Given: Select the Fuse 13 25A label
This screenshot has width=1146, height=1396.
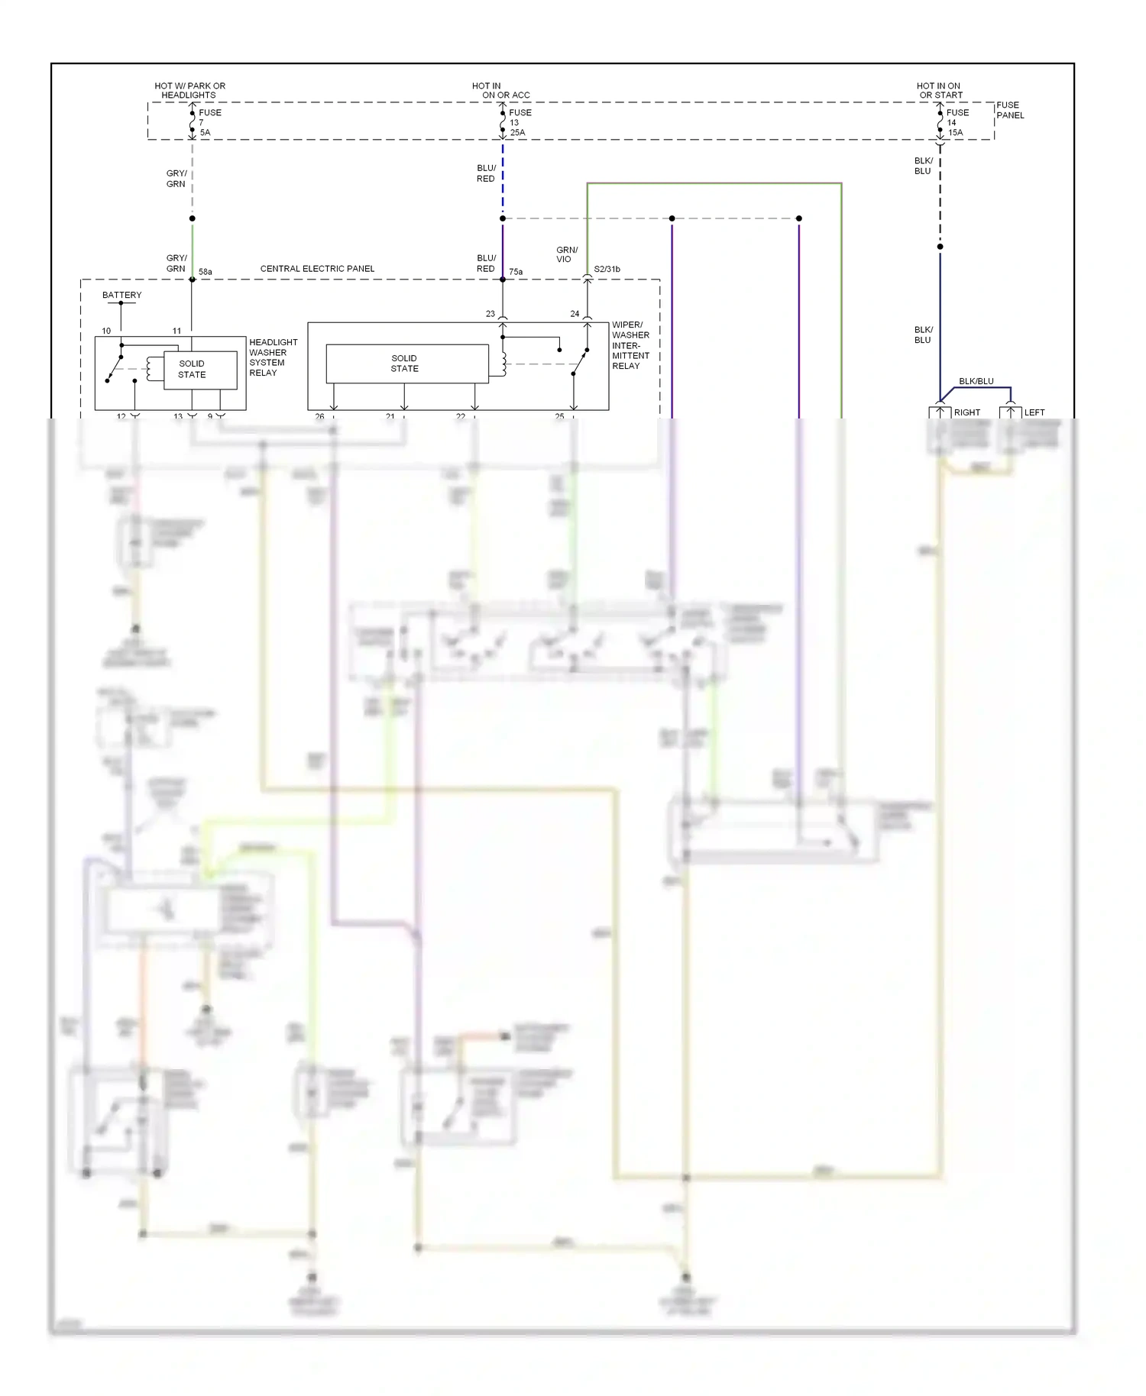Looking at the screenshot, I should point(520,122).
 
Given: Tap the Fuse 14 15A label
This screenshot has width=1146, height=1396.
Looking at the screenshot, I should point(957,122).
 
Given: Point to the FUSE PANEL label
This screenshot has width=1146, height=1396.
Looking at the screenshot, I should point(1009,110).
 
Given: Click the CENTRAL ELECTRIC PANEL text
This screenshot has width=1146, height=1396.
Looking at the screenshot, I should point(317,269).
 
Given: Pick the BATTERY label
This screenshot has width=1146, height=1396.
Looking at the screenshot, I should point(122,295).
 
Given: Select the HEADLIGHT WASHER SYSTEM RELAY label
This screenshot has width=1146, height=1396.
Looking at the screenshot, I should point(273,357).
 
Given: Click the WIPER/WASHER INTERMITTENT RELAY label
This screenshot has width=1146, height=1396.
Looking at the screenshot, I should point(630,345).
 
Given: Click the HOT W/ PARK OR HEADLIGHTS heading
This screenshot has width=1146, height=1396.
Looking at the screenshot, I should point(189,90).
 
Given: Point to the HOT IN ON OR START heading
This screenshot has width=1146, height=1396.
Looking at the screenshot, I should point(939,90).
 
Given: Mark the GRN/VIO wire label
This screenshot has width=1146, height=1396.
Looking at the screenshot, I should point(566,254).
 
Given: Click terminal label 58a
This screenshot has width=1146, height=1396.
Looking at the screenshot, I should point(206,272).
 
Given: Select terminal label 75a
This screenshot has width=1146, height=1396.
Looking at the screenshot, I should point(516,272).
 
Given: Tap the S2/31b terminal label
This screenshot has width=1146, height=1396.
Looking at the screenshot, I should point(607,270).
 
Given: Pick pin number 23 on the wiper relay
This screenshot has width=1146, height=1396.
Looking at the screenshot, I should point(490,314).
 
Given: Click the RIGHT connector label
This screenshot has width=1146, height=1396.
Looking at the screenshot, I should point(966,412).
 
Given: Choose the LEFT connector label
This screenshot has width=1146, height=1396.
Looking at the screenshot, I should point(1034,412).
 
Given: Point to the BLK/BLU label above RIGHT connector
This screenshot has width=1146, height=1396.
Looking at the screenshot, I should point(976,381).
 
